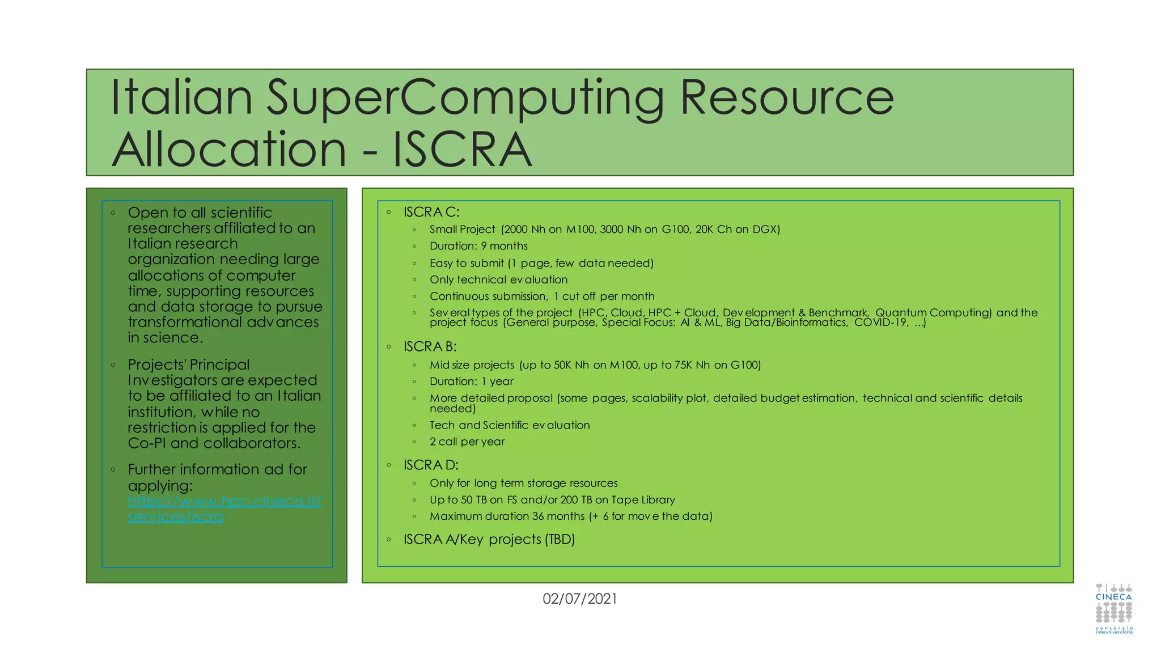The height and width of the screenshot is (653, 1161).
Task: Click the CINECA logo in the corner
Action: coord(1113,608)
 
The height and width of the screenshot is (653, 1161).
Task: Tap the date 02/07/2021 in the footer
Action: coord(579,599)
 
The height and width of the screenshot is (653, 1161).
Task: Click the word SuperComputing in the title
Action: coord(465,97)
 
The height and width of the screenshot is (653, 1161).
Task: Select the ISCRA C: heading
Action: coord(431,212)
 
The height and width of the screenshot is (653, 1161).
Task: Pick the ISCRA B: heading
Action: coord(430,346)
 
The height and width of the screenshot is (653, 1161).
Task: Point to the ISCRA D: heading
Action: coord(431,465)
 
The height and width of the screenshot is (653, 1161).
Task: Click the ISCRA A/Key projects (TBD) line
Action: coord(489,539)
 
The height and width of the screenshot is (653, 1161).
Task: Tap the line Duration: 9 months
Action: coord(478,246)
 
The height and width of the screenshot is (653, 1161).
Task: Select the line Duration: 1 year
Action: coord(471,381)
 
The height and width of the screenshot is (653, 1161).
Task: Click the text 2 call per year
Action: coord(467,442)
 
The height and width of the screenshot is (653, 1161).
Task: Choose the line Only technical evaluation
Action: coord(498,279)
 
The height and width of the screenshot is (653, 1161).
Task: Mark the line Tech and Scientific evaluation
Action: coord(510,425)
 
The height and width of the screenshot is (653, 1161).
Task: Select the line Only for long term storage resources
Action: coord(523,483)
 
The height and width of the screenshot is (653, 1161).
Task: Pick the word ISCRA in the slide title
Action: coord(462,150)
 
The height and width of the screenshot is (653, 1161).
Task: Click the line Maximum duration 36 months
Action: coord(570,516)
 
